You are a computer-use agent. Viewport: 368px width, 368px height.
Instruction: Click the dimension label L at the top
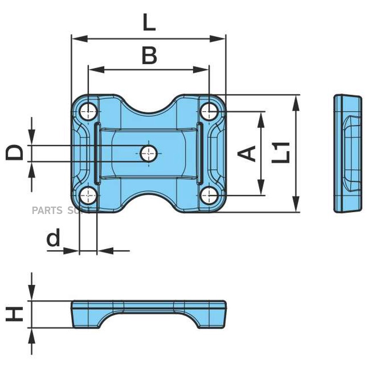pos(149,23)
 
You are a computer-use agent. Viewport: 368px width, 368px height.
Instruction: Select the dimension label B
pos(149,56)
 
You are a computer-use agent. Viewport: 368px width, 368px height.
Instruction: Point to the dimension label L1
pos(281,153)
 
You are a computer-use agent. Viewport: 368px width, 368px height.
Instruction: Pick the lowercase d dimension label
pos(54,238)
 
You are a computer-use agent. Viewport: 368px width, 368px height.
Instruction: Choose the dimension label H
pos(15,314)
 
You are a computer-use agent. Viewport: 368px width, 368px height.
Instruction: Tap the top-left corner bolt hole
pos(88,111)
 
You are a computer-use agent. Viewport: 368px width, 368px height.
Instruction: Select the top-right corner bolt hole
pos(209,111)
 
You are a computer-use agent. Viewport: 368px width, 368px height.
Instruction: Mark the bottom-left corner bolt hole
pos(88,196)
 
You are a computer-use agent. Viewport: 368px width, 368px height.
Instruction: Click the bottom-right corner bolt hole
pos(209,196)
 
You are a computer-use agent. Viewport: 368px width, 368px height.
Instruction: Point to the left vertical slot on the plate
pos(97,153)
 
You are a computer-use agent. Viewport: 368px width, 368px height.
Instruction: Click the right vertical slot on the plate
pos(200,153)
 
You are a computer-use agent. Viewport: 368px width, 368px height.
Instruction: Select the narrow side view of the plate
pos(348,153)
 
